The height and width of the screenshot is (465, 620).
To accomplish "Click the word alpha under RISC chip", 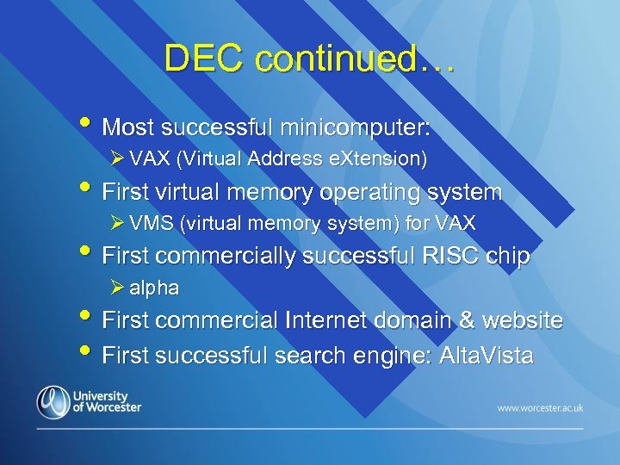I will coord(154,288).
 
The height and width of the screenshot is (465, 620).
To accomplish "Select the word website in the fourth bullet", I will coord(521,320).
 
